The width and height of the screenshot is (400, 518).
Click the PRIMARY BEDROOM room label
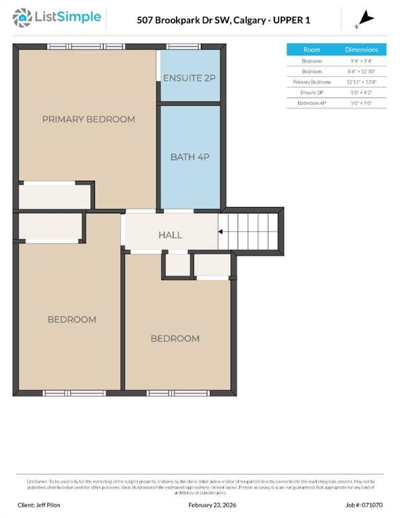click(88, 119)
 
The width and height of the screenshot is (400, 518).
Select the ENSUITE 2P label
click(190, 78)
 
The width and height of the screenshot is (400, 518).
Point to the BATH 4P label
click(190, 157)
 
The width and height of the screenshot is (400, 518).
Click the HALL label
click(170, 235)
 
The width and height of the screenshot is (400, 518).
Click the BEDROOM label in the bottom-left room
click(72, 319)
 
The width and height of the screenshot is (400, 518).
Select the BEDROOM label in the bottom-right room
click(175, 338)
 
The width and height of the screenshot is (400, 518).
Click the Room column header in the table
click(312, 50)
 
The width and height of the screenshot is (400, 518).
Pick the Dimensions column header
click(362, 50)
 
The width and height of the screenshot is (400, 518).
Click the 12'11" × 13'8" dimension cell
click(362, 81)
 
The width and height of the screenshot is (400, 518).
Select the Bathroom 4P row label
click(312, 103)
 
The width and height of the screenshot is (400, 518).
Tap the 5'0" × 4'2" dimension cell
click(362, 92)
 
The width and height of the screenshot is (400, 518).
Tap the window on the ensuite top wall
click(179, 46)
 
